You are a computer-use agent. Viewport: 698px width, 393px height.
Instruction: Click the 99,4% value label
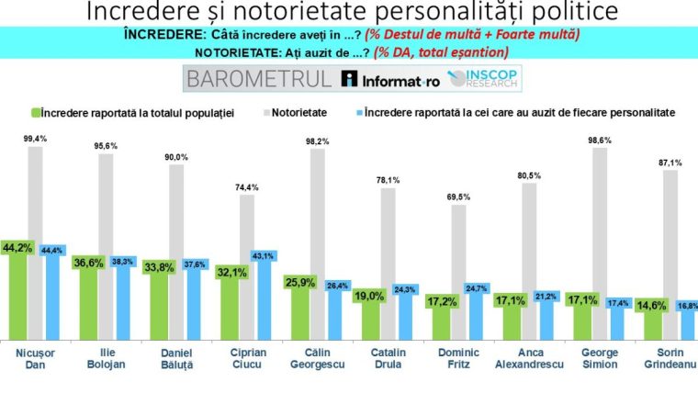36,138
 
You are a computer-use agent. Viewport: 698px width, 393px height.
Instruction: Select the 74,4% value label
247,186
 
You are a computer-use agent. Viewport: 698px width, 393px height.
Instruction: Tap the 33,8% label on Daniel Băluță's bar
159,268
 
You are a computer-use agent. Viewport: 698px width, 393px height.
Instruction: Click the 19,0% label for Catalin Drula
369,297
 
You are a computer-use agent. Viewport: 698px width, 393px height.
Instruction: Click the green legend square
36,112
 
